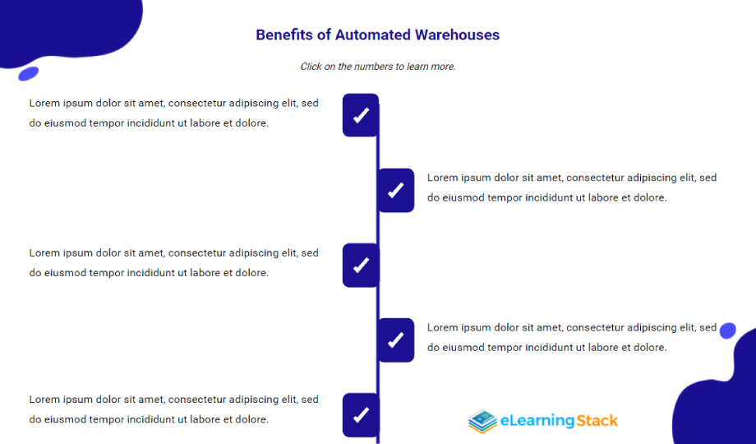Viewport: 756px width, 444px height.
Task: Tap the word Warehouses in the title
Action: (457, 35)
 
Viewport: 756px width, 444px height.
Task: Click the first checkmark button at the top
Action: (361, 115)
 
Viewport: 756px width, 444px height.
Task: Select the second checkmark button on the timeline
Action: (396, 190)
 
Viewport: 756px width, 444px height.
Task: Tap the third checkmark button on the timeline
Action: (361, 265)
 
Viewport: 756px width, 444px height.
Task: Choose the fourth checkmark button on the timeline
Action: (396, 340)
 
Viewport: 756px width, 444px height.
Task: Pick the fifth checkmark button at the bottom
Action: (361, 414)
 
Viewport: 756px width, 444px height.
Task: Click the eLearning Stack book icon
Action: (482, 421)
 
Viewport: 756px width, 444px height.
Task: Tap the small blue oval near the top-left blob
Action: (29, 73)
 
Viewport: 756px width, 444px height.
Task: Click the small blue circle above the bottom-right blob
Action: (727, 331)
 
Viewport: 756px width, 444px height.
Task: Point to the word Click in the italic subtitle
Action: (311, 67)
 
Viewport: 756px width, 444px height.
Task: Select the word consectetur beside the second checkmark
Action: (595, 178)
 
